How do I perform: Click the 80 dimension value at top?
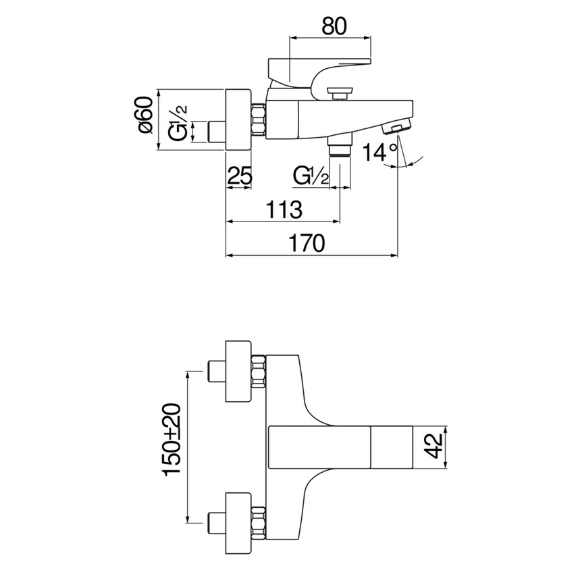pyautogui.click(x=334, y=26)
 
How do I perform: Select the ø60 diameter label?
pyautogui.click(x=146, y=115)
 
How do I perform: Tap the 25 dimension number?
pyautogui.click(x=240, y=175)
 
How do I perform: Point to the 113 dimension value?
pyautogui.click(x=284, y=209)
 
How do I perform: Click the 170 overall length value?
pyautogui.click(x=307, y=242)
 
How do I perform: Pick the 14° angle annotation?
pyautogui.click(x=380, y=153)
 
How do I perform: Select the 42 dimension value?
pyautogui.click(x=434, y=446)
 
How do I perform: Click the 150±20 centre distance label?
pyautogui.click(x=172, y=440)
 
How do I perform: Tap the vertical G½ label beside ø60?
pyautogui.click(x=178, y=123)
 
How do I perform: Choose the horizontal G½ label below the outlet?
pyautogui.click(x=311, y=176)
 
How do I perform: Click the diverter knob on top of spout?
pyautogui.click(x=340, y=93)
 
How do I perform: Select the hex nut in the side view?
pyautogui.click(x=259, y=120)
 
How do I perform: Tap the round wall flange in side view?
pyautogui.click(x=238, y=120)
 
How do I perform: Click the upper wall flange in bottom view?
pyautogui.click(x=238, y=371)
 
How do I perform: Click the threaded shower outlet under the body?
pyautogui.click(x=340, y=145)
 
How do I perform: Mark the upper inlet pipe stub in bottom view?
pyautogui.click(x=216, y=371)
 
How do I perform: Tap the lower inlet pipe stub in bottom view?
pyautogui.click(x=216, y=524)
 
